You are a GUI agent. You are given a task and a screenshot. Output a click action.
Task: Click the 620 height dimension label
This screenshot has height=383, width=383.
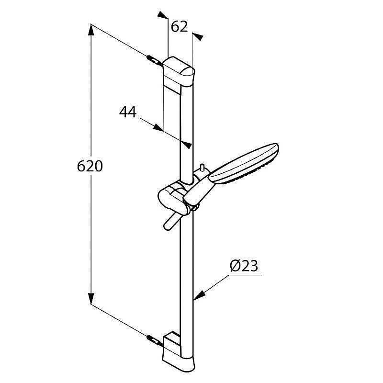tap(90, 166)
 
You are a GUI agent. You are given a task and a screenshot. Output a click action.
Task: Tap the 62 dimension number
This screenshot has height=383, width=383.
tap(179, 27)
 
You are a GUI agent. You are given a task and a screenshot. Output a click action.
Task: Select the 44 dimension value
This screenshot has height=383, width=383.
tap(128, 112)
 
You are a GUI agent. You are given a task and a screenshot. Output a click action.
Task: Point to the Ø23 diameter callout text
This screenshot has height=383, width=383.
tap(244, 266)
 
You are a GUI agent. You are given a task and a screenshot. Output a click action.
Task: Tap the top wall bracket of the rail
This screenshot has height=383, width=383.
tap(179, 75)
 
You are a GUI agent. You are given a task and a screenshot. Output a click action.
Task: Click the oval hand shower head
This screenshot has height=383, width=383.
tap(244, 163)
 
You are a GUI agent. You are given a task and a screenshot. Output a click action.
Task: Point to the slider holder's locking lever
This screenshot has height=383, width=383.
tap(172, 221)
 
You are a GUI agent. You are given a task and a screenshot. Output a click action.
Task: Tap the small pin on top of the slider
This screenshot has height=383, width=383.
tap(202, 168)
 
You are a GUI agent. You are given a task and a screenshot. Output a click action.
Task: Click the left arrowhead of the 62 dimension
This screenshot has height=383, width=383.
tap(162, 15)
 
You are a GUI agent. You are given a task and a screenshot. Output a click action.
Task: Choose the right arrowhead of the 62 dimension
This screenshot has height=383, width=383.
tap(198, 36)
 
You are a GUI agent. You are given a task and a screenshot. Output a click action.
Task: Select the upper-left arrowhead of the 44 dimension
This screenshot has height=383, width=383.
tap(158, 128)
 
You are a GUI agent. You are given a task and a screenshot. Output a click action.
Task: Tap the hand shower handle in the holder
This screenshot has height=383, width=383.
tap(199, 191)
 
